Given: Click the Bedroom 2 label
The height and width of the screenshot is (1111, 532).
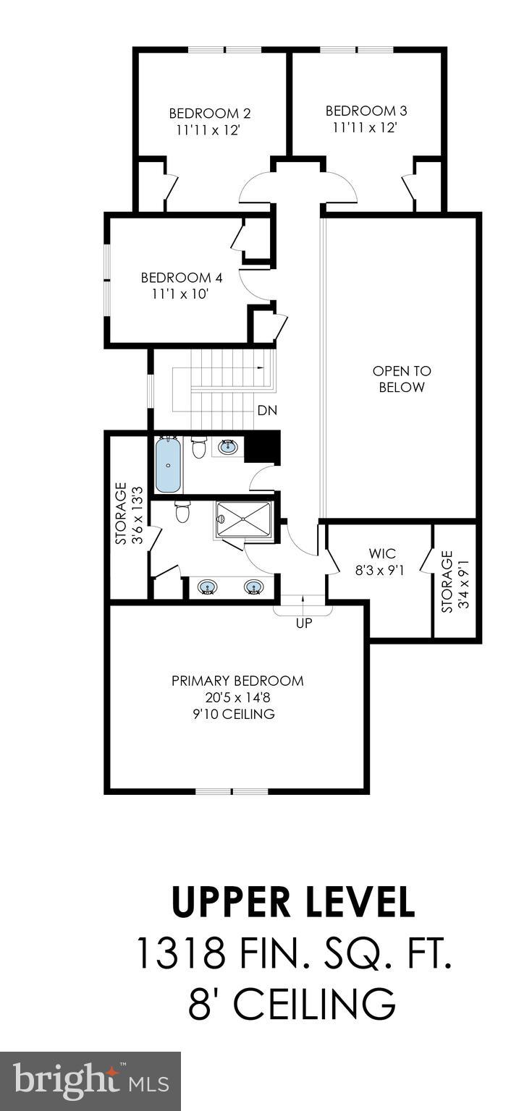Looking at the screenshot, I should coord(209,114).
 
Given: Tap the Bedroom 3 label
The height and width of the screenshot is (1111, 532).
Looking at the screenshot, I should coord(366,111).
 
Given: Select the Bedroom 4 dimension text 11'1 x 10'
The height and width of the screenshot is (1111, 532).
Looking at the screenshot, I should coord(181,294).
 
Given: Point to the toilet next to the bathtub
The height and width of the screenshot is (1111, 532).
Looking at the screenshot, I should coord(199,448).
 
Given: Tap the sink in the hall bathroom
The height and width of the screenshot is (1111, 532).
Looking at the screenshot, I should coord(227,447).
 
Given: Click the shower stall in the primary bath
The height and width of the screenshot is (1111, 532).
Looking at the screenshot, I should coord(242,519).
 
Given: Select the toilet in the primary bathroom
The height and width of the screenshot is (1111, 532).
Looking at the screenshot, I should coord(182,512).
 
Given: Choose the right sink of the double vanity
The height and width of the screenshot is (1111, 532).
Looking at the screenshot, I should coord(255,587).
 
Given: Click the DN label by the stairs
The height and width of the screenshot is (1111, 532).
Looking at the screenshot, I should coord(267,410).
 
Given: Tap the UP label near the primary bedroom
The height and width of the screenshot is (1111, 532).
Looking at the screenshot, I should coord(304,623).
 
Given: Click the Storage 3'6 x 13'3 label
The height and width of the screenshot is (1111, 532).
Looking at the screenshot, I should coord(128,514).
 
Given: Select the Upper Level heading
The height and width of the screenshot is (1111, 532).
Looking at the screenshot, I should coord(293,901).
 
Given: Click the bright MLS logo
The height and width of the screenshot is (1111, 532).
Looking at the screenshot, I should coord(90,1081).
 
